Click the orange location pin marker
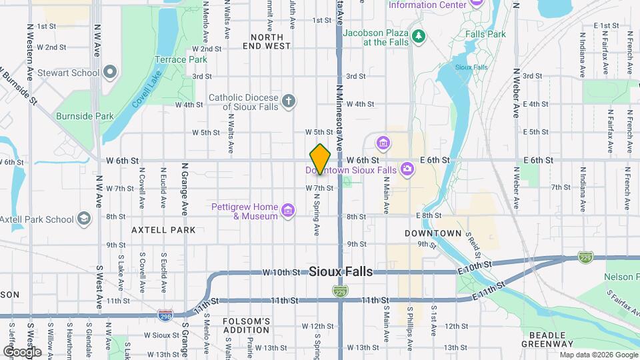[x=320, y=159]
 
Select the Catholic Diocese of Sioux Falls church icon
[x=288, y=101]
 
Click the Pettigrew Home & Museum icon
[x=288, y=211]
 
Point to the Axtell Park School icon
[x=83, y=219]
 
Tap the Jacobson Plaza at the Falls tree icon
[x=418, y=35]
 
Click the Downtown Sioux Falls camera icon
[x=406, y=170]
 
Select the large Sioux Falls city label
[x=341, y=272]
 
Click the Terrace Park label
[x=181, y=59]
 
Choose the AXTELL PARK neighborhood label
[x=163, y=230]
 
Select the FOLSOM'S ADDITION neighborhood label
[x=247, y=325]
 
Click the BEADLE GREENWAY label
[x=548, y=339]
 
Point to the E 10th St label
[x=473, y=265]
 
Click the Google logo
[x=22, y=351]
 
